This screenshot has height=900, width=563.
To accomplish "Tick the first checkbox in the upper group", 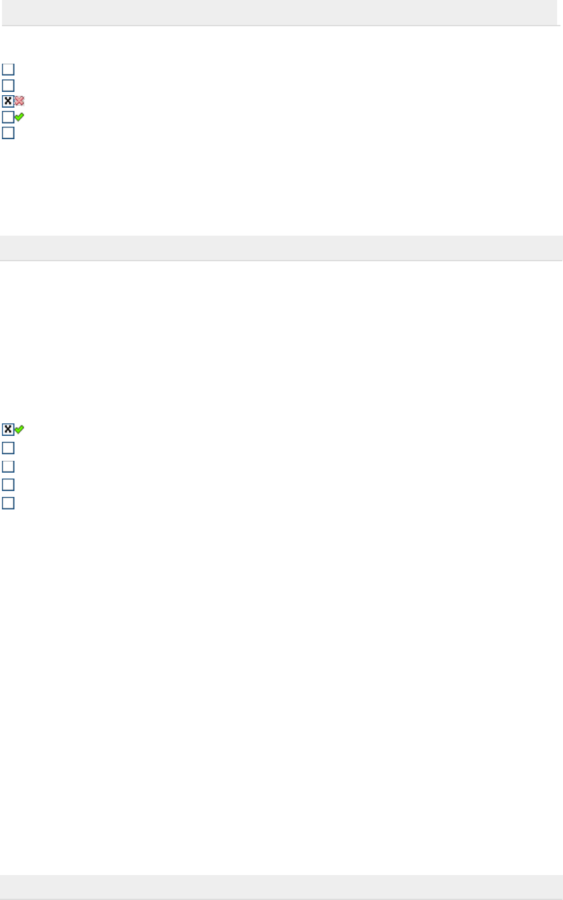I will (x=8, y=69).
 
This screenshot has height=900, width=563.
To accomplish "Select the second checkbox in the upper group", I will (x=8, y=85).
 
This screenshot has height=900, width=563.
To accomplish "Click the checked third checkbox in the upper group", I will (x=8, y=101).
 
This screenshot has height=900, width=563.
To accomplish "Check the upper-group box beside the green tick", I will (x=8, y=117).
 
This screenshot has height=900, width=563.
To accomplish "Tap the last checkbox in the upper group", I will (x=8, y=133).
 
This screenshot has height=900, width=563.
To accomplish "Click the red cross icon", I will (x=19, y=101).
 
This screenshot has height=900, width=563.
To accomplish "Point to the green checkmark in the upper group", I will (x=19, y=116).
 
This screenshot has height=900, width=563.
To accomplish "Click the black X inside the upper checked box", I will (x=8, y=101).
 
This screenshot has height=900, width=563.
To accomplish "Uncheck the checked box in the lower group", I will (x=8, y=429).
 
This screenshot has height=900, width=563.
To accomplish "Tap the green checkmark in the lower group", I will (x=19, y=429).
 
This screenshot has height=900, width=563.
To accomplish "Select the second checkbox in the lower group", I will (x=8, y=448).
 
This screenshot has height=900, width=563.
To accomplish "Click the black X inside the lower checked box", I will (x=8, y=429).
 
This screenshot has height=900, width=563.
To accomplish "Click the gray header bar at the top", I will (x=281, y=12).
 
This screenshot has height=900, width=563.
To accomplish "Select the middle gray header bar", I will (x=281, y=247).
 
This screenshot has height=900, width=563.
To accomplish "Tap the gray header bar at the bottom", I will (x=281, y=886).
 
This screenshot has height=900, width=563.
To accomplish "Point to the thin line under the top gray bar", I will (x=281, y=26).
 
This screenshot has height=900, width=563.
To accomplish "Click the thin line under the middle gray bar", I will (x=281, y=261).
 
